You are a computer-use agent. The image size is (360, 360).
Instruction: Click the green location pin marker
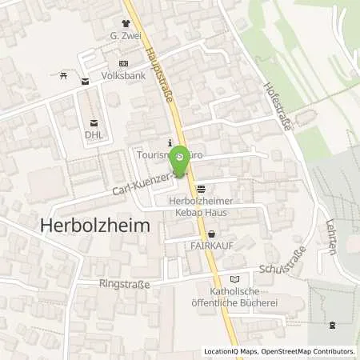pos(181,157)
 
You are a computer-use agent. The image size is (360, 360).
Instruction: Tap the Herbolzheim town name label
pos(94,226)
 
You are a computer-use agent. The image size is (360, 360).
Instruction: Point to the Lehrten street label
pos(330,237)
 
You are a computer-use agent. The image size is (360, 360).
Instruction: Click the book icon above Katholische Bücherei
pos(234,279)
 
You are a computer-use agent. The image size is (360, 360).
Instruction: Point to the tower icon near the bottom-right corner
pos(332,325)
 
